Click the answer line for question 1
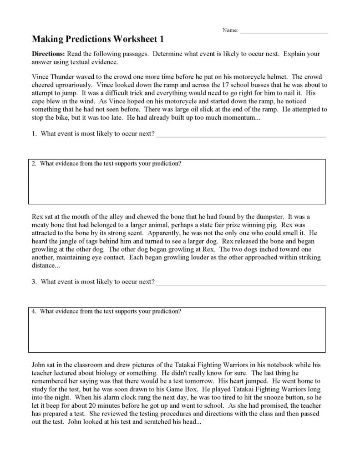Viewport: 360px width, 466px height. pos(241,135)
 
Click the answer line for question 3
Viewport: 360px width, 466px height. pos(241,283)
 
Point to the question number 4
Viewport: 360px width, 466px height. pos(34,312)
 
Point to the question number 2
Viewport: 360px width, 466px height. pos(34,163)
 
